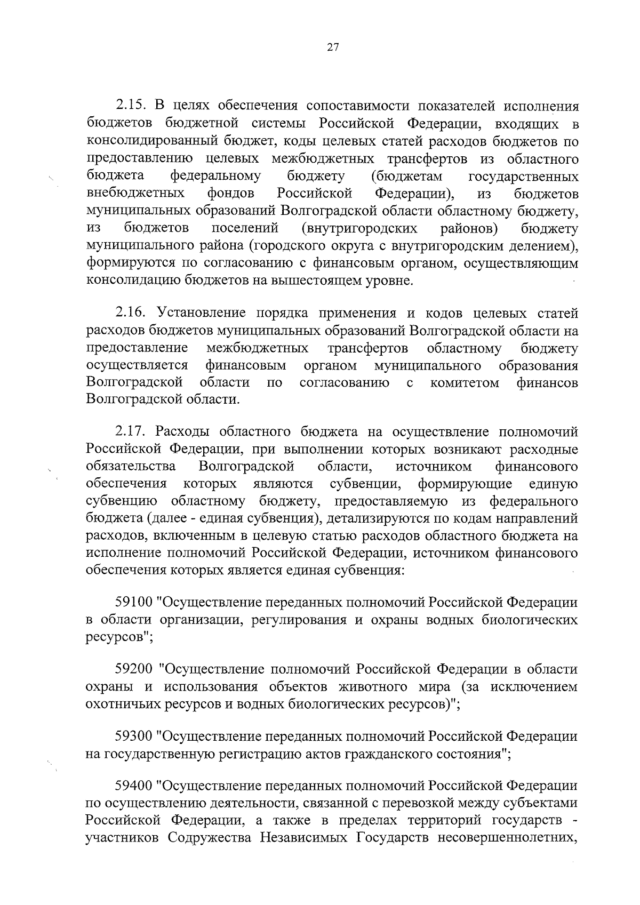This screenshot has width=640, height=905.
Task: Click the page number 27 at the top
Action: (332, 47)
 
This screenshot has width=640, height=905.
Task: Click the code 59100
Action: (134, 603)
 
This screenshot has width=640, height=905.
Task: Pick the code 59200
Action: (134, 669)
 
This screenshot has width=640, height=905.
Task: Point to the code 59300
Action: (134, 736)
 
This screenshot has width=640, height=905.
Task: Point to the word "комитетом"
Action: (465, 382)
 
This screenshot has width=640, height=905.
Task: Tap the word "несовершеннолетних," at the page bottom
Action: (508, 837)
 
